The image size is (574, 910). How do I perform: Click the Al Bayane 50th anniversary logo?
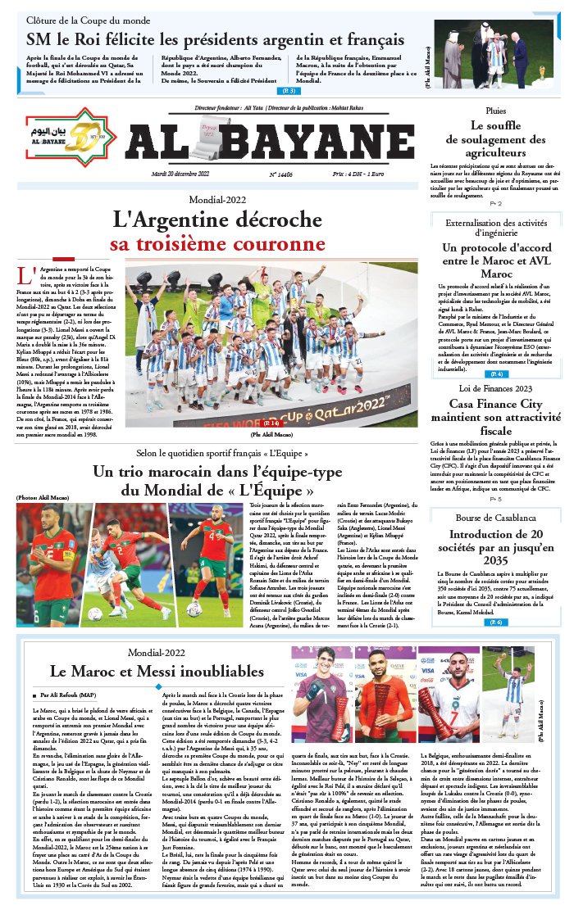[70, 134]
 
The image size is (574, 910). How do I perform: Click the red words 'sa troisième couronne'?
[217, 244]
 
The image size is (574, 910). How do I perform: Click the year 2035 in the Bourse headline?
[495, 559]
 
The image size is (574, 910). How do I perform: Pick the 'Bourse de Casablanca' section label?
[495, 518]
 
